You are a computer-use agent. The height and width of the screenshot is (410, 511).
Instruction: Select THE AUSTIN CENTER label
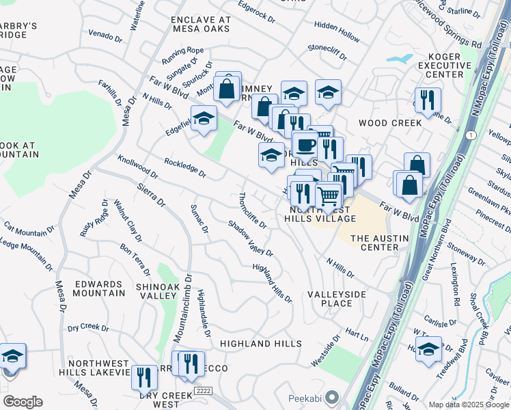point(379,243)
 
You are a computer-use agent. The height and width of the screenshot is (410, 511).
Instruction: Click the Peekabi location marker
point(332,397)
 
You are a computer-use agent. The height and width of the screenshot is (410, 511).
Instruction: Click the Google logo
point(22,402)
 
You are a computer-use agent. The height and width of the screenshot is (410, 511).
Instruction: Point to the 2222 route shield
point(201,389)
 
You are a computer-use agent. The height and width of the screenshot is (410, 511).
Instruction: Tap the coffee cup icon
point(305,145)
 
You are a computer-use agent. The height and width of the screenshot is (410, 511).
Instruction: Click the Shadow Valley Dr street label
point(251,238)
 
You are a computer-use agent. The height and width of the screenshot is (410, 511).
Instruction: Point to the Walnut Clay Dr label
point(128,221)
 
